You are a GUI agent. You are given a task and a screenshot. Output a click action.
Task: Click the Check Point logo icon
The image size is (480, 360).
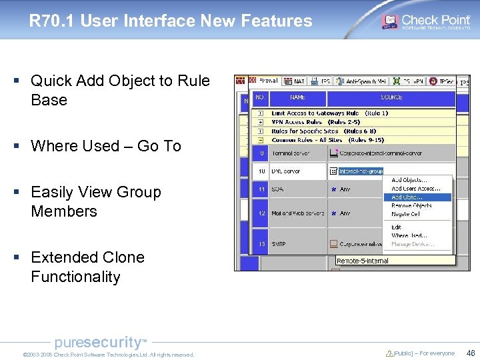[389, 21]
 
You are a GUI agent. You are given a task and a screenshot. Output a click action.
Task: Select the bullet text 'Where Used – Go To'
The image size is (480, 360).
[106, 146]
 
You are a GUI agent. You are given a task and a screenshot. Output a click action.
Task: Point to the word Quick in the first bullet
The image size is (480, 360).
[51, 81]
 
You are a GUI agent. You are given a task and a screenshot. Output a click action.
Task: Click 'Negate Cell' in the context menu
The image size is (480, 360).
[405, 214]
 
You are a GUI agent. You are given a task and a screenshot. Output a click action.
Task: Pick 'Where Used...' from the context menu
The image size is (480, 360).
[409, 235]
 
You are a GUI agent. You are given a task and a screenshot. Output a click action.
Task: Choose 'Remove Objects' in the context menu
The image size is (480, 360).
[411, 205]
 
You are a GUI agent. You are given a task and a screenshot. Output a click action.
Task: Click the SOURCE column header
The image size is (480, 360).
[391, 97]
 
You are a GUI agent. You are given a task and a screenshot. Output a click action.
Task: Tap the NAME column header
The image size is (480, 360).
[297, 97]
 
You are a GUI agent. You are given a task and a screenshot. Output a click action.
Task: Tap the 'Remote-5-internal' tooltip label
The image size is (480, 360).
[363, 261]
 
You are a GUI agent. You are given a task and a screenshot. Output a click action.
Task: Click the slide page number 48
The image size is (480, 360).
[471, 353]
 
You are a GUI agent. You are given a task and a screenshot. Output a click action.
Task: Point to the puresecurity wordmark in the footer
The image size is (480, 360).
[99, 343]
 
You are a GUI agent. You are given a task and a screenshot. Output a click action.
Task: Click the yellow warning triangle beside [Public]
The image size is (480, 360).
[389, 353]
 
